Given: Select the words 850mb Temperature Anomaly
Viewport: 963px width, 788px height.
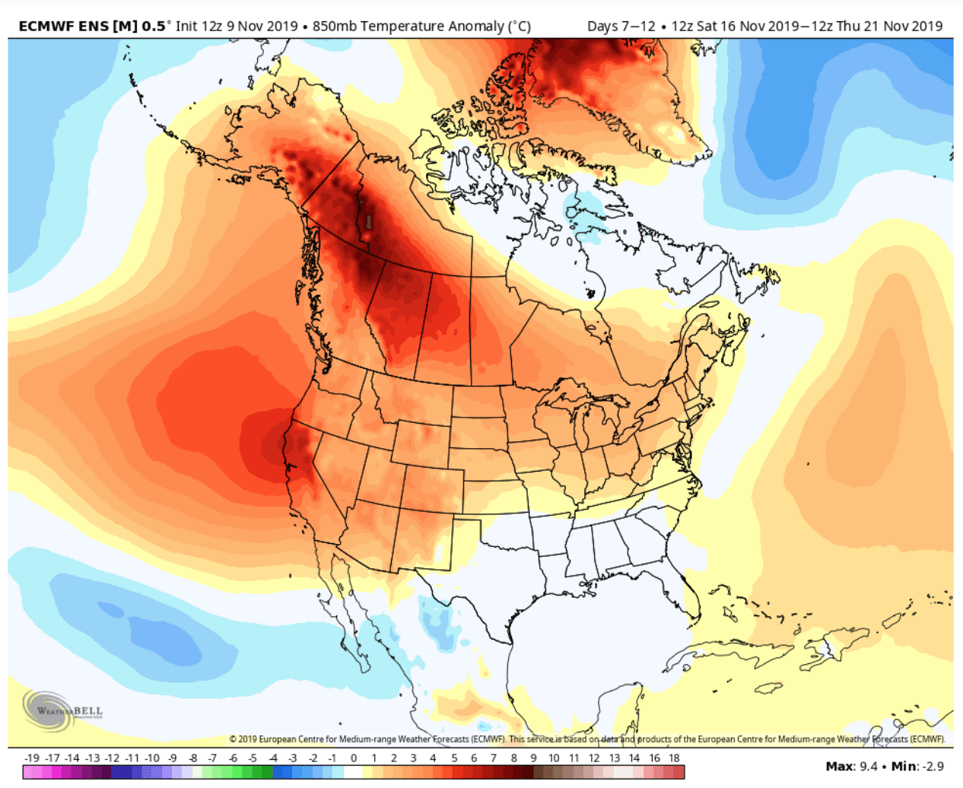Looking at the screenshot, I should (x=408, y=27).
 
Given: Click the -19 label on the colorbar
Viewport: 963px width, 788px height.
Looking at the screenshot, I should (x=31, y=758).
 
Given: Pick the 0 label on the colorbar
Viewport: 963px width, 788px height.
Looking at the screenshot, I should (x=354, y=758).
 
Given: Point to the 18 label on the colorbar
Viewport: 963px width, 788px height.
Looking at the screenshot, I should (x=674, y=758).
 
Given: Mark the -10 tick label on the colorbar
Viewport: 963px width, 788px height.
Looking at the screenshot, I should (x=152, y=758).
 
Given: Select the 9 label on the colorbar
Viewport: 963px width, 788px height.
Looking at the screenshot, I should (x=533, y=758).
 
